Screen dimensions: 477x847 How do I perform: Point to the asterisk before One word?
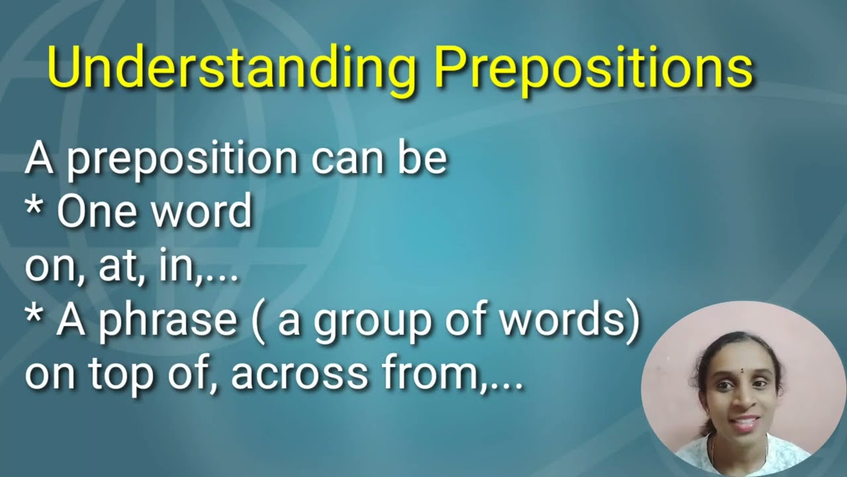(x=34, y=205)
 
